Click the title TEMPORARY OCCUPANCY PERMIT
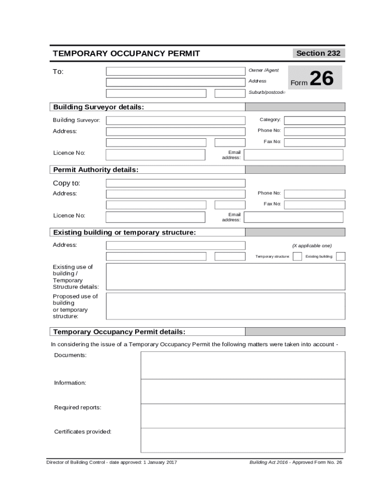coord(126,54)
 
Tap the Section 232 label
coord(318,53)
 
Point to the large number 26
coord(321,79)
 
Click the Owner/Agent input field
coord(175,72)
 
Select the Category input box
coord(314,120)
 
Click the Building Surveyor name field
coord(175,120)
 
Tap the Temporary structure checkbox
coord(297,256)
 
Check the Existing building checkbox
coord(340,256)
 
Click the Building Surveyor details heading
coord(99,107)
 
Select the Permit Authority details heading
coord(96,170)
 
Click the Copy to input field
coord(175,183)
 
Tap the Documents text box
coord(243,365)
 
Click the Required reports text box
coord(243,416)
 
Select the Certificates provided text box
coord(243,440)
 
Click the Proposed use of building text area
coord(225,306)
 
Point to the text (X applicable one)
coord(311,245)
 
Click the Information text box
coord(243,391)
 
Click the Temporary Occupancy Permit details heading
coord(119,332)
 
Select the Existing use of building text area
coord(225,277)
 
